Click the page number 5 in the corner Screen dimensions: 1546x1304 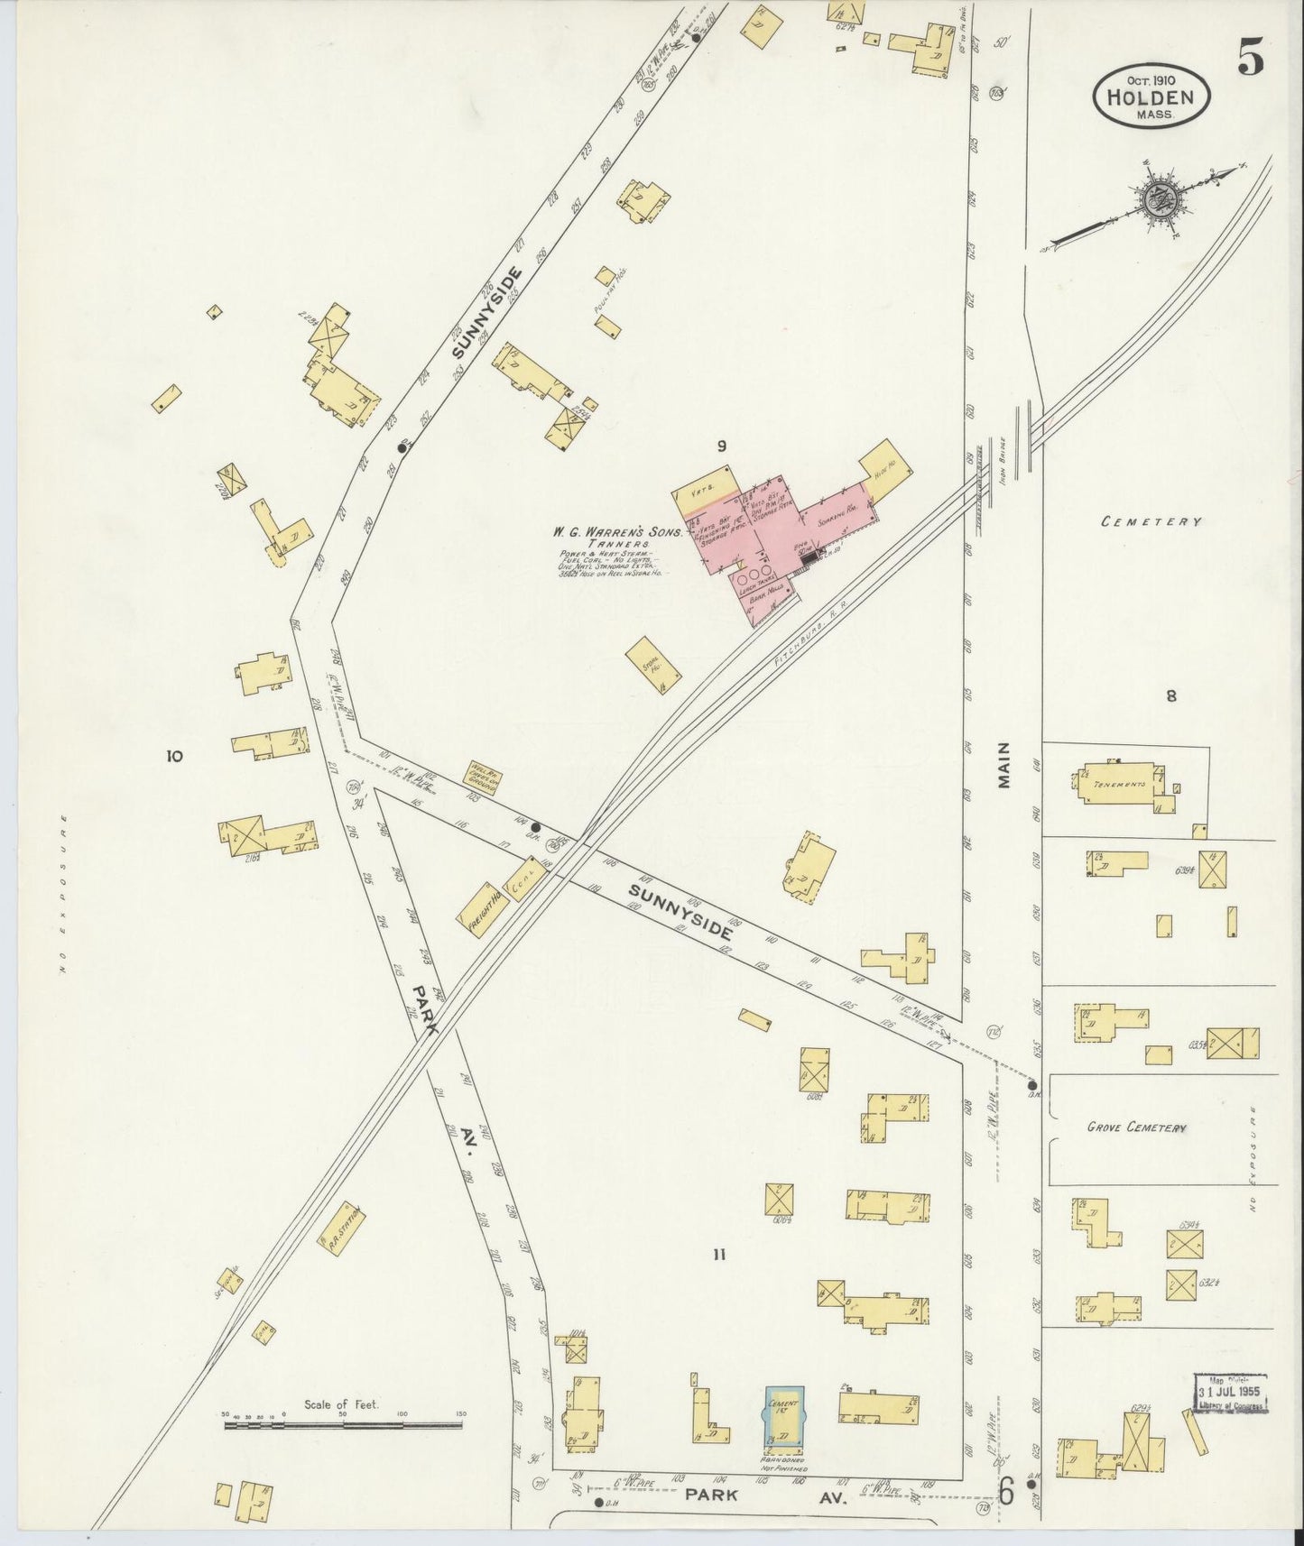[1250, 60]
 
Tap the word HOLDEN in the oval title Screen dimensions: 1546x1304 [1151, 97]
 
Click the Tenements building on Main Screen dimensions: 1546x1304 [1120, 784]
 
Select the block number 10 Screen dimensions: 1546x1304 [174, 756]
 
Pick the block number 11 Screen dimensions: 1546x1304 [718, 1253]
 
